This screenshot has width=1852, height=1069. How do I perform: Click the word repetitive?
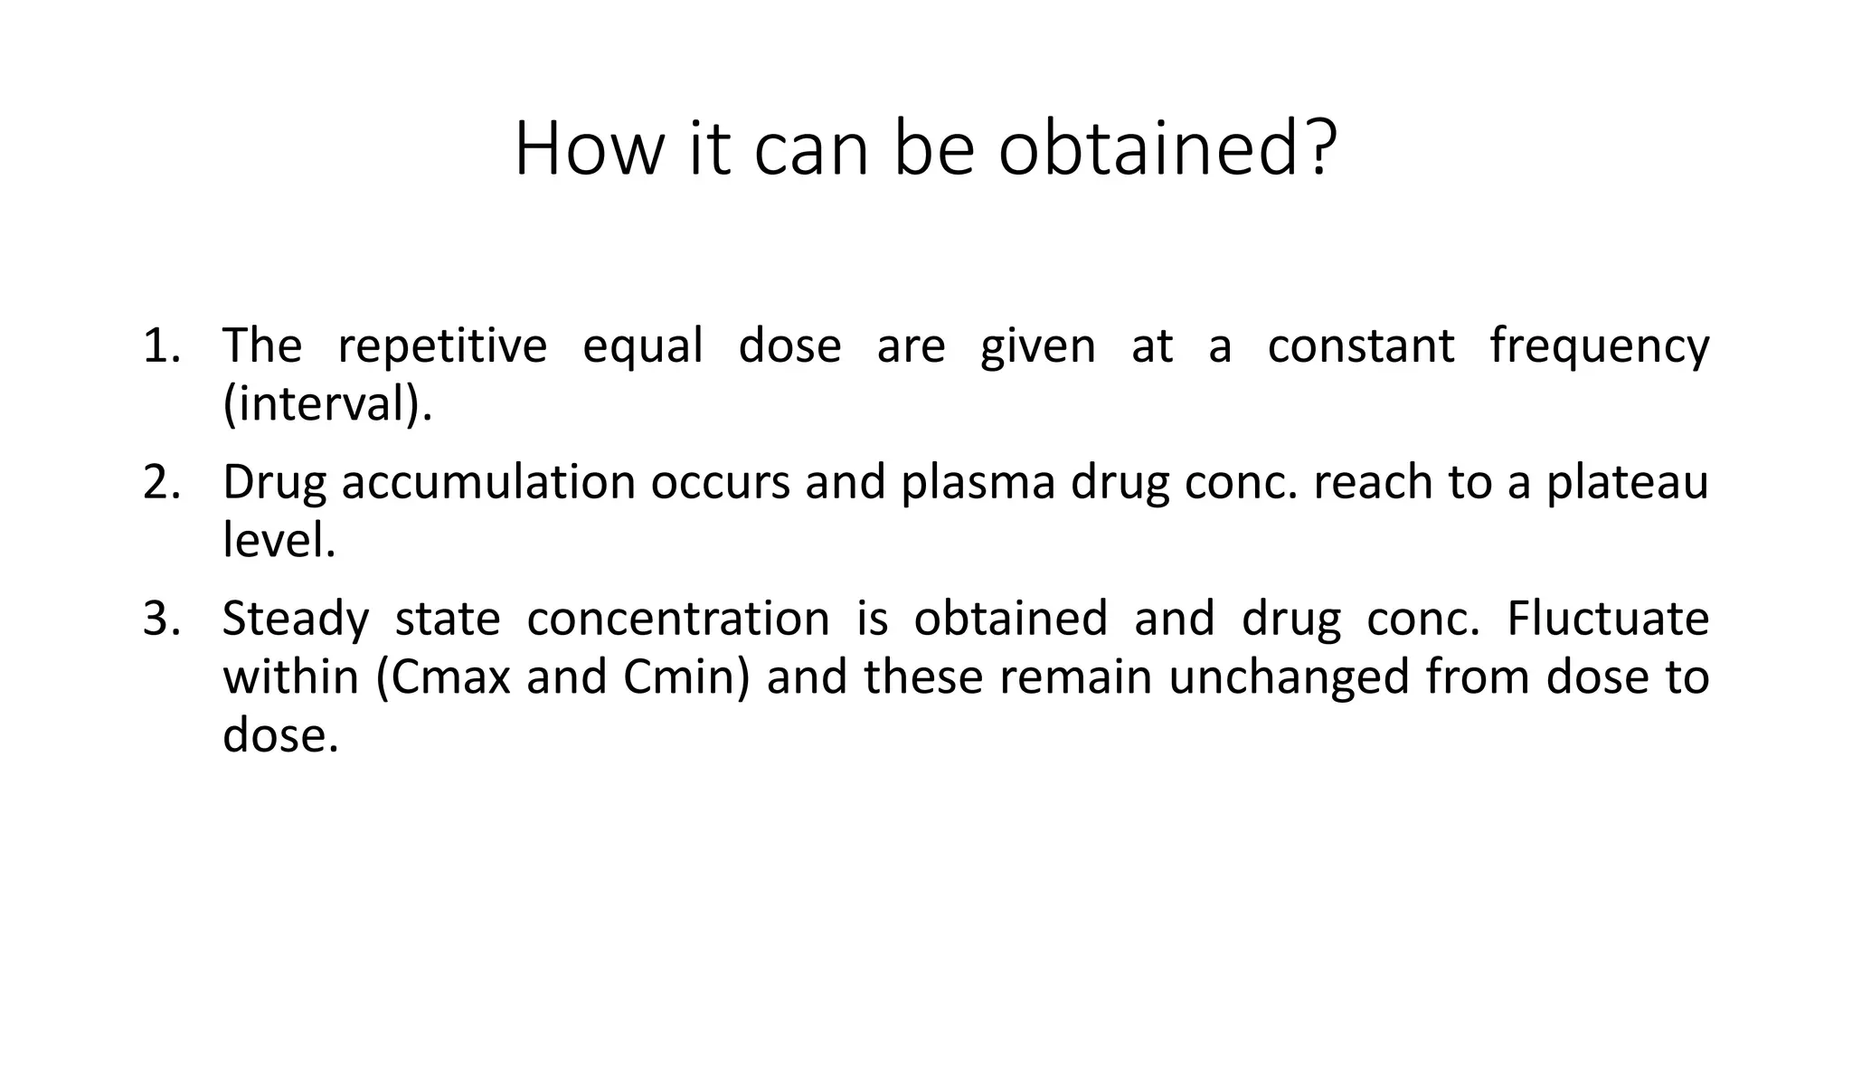[442, 346]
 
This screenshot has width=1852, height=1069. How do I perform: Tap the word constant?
[1361, 346]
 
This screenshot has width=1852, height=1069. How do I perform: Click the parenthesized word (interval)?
[327, 404]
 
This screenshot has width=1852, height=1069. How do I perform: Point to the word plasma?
[978, 483]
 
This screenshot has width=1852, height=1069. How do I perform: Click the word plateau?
[1627, 483]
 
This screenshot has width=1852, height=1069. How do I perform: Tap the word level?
[279, 541]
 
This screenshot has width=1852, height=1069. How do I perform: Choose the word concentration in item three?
[678, 620]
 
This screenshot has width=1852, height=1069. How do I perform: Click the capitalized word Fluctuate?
[1608, 620]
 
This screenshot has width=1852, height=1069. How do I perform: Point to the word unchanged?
[1289, 677]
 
